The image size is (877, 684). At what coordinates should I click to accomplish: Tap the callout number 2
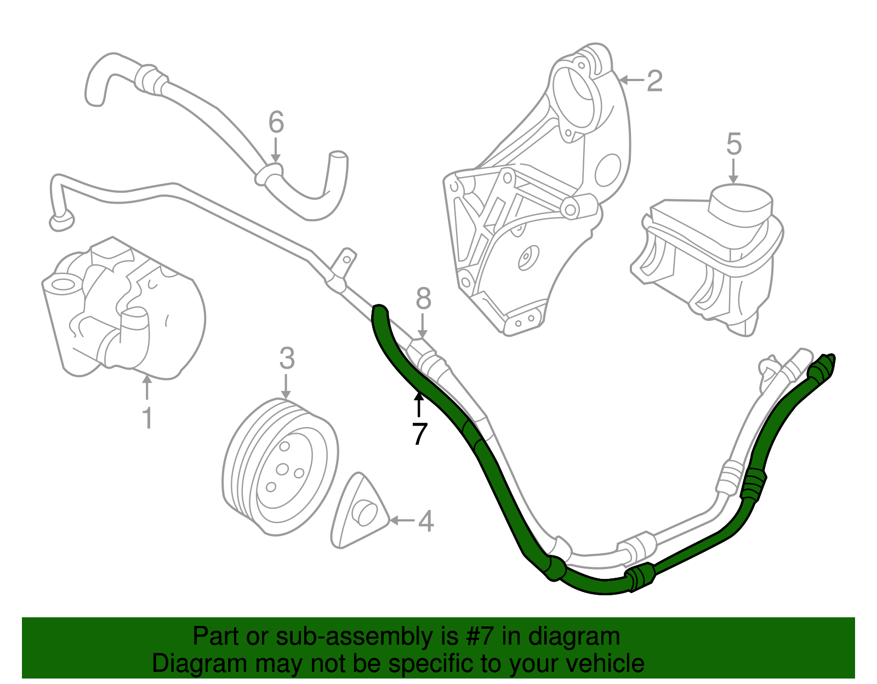click(654, 81)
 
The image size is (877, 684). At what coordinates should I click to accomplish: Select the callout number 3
click(287, 358)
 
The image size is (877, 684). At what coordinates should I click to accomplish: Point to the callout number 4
click(426, 521)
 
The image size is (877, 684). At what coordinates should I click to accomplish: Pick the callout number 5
click(734, 143)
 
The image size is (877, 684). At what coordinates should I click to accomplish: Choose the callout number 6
click(276, 122)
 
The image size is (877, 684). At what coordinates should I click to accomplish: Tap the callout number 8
click(423, 298)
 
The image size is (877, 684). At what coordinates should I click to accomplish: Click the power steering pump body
click(123, 308)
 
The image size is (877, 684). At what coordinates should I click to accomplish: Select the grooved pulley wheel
click(280, 467)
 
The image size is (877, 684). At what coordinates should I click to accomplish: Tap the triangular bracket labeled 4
click(359, 511)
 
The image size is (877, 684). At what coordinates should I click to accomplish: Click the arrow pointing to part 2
click(631, 81)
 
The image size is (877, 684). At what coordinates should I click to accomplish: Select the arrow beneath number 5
click(734, 172)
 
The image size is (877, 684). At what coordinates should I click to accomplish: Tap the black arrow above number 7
click(419, 405)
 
